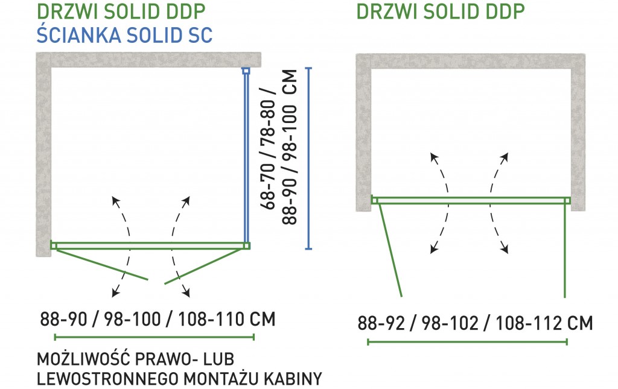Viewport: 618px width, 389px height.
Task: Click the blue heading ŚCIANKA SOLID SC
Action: point(124,34)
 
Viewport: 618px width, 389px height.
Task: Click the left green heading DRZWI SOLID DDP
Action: point(121,11)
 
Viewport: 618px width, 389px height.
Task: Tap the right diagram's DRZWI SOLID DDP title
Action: point(441,11)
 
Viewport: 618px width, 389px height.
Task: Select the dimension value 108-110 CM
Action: point(227,319)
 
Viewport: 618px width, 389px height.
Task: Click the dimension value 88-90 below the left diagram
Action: point(63,319)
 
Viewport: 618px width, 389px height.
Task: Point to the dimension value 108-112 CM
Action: point(544,323)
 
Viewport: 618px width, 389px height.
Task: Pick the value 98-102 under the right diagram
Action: point(450,323)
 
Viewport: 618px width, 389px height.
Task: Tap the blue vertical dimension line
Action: point(308,158)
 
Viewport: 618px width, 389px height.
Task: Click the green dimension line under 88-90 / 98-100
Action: point(154,337)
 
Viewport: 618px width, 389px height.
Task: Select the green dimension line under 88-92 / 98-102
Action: point(468,342)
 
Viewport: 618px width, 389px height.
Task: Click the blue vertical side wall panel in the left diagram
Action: point(246,158)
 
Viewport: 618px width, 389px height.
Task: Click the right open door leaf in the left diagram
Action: point(204,266)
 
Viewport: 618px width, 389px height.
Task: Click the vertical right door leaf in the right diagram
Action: point(565,251)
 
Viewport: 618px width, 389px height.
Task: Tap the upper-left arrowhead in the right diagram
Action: point(434,157)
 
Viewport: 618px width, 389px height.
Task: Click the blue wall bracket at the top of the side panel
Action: point(246,71)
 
